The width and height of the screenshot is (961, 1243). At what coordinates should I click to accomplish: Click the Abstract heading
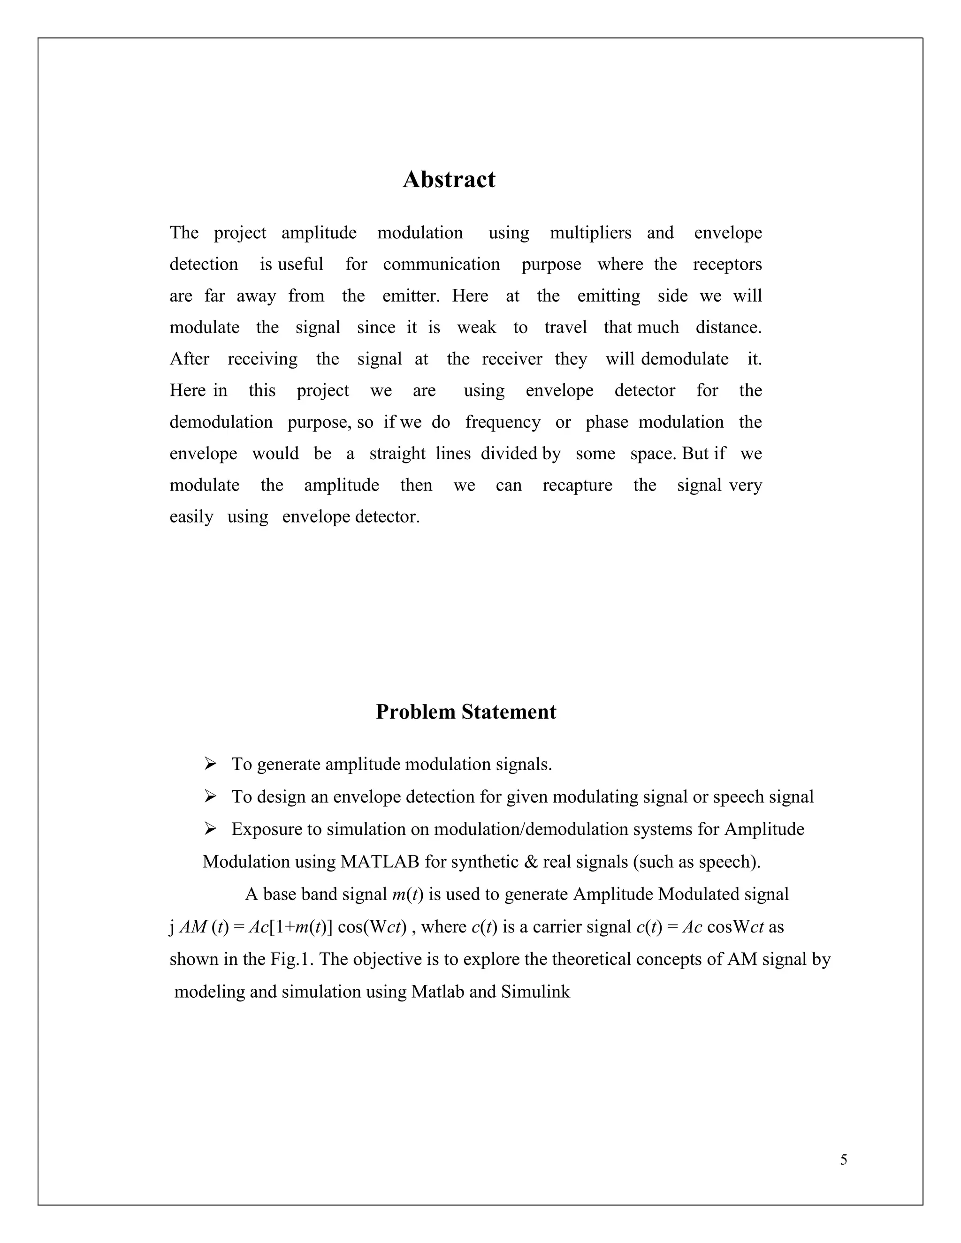pyautogui.click(x=449, y=180)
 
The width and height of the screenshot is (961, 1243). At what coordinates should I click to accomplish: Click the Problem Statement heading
pyautogui.click(x=465, y=712)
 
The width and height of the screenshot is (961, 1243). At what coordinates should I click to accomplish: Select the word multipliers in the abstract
pyautogui.click(x=590, y=233)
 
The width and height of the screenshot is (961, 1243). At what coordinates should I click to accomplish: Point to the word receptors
pyautogui.click(x=727, y=265)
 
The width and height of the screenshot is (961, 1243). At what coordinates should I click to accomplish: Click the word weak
pyautogui.click(x=477, y=328)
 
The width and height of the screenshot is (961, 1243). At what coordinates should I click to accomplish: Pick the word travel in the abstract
pyautogui.click(x=565, y=328)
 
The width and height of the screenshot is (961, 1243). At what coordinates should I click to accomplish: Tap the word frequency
pyautogui.click(x=503, y=422)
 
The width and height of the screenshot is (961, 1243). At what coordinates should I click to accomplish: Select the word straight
pyautogui.click(x=397, y=454)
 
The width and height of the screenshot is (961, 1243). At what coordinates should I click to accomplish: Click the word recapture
pyautogui.click(x=577, y=485)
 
